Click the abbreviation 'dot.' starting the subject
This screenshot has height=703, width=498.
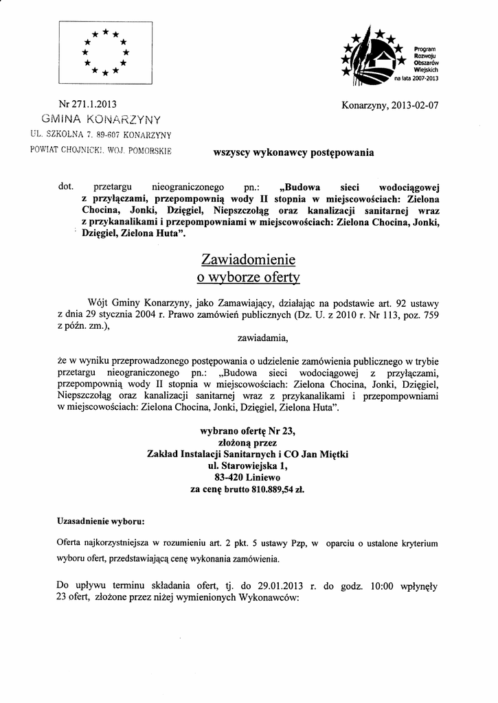click(x=68, y=186)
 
